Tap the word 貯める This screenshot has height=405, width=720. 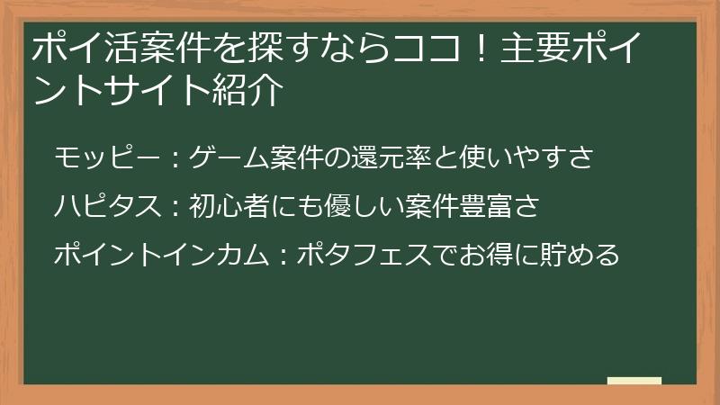[x=580, y=255]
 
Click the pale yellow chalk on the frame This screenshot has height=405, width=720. [x=634, y=381]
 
